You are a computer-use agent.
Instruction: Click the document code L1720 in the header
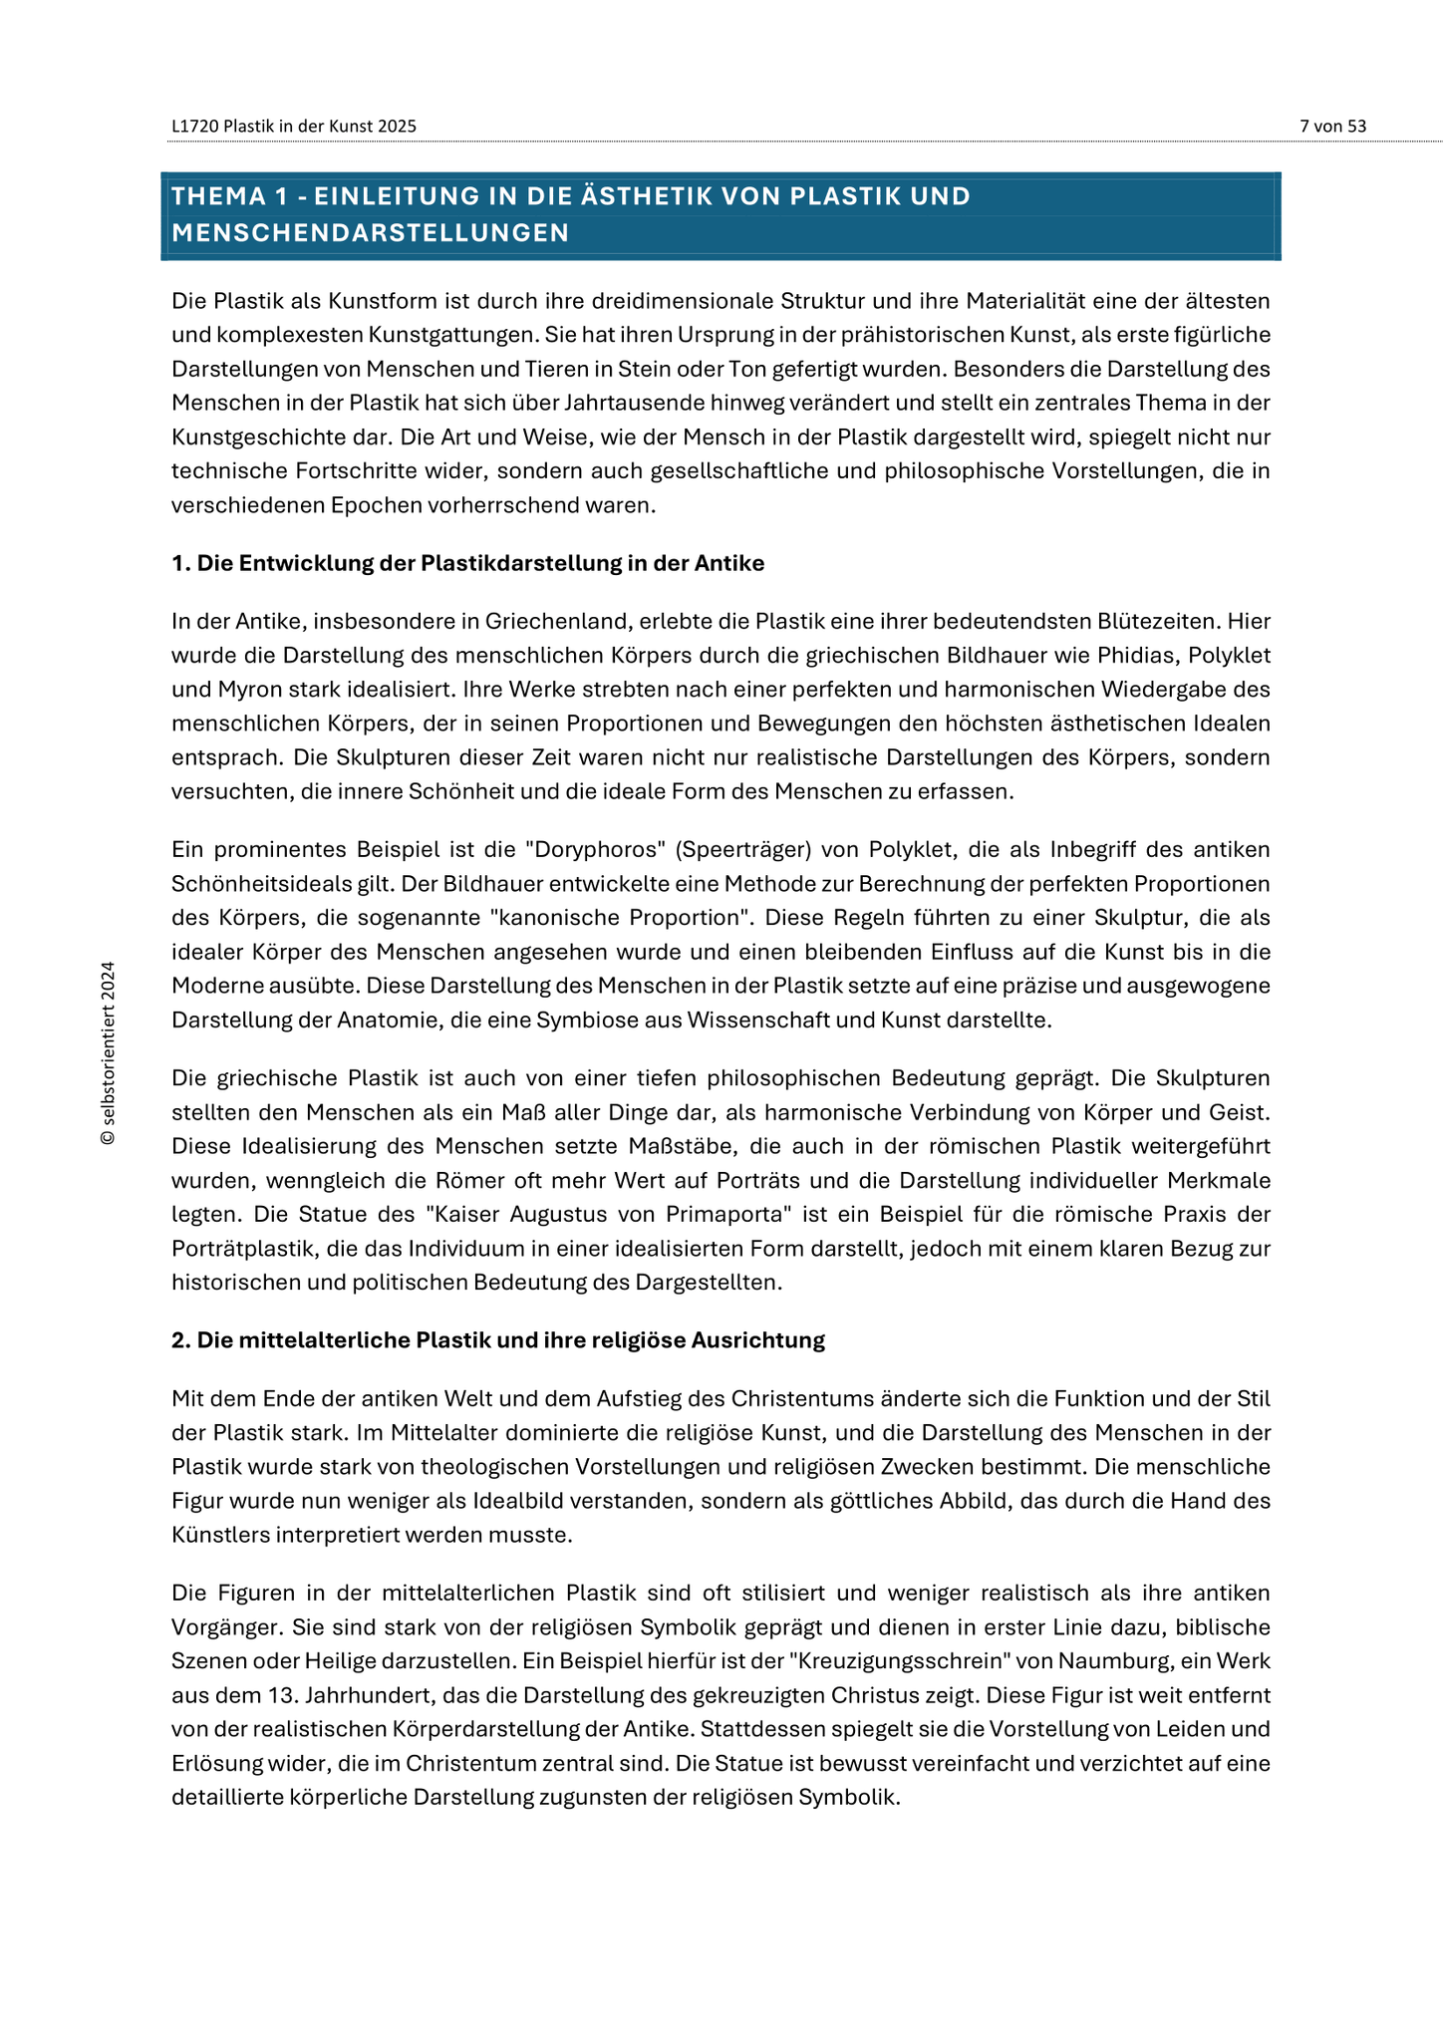click(x=194, y=127)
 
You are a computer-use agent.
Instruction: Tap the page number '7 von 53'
click(x=1332, y=127)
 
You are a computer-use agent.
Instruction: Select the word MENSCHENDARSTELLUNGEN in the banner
click(x=370, y=233)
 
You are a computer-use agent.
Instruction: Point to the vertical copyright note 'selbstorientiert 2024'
click(x=109, y=1052)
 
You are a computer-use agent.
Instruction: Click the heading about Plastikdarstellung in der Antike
click(x=467, y=564)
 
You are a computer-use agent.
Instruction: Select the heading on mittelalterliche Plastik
click(x=497, y=1340)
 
